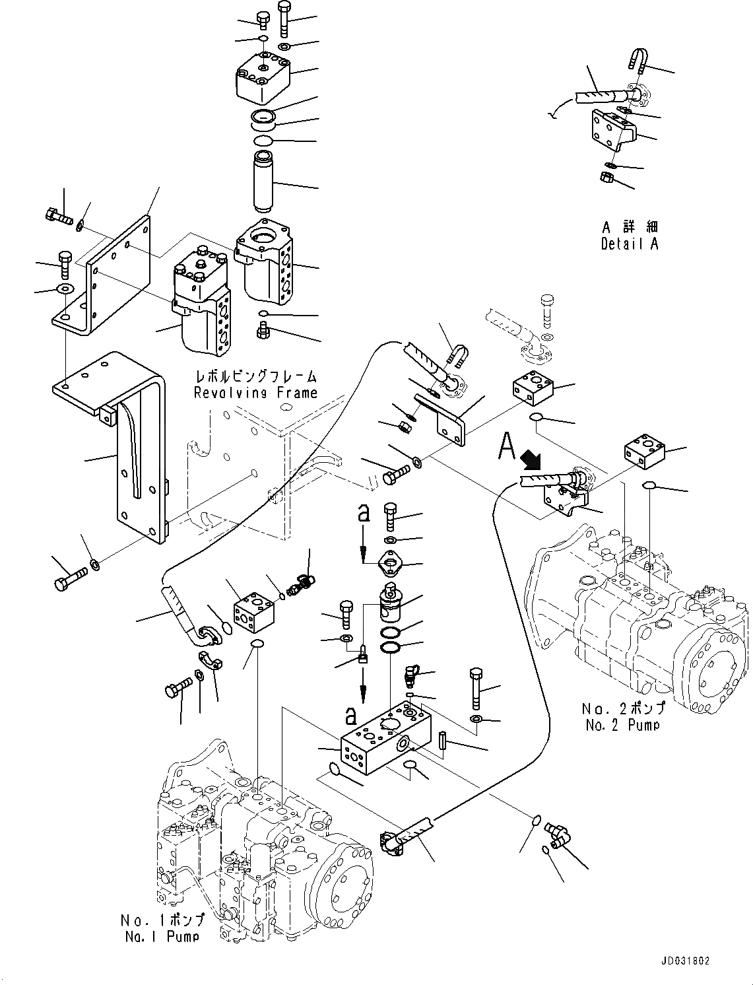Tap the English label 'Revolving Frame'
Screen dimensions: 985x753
[255, 393]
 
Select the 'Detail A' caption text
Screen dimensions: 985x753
[629, 244]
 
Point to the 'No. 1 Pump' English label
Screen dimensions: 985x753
[162, 935]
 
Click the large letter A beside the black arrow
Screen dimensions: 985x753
[506, 446]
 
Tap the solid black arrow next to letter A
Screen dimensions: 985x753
[529, 458]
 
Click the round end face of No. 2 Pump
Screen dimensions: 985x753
[717, 663]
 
